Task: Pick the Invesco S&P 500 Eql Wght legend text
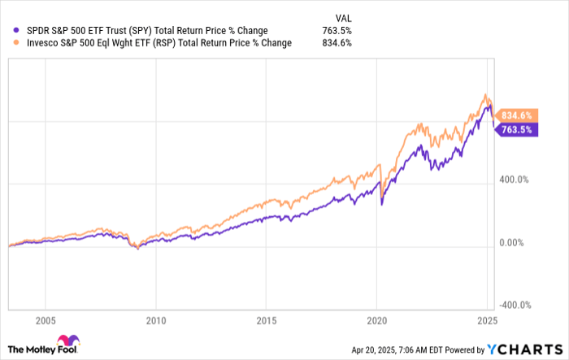[154, 43]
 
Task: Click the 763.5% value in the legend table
[337, 31]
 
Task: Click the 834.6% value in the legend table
[337, 43]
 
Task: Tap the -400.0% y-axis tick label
[515, 306]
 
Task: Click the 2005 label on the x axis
[45, 319]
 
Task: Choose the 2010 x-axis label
[155, 319]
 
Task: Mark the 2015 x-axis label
[267, 319]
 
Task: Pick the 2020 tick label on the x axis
[377, 319]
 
